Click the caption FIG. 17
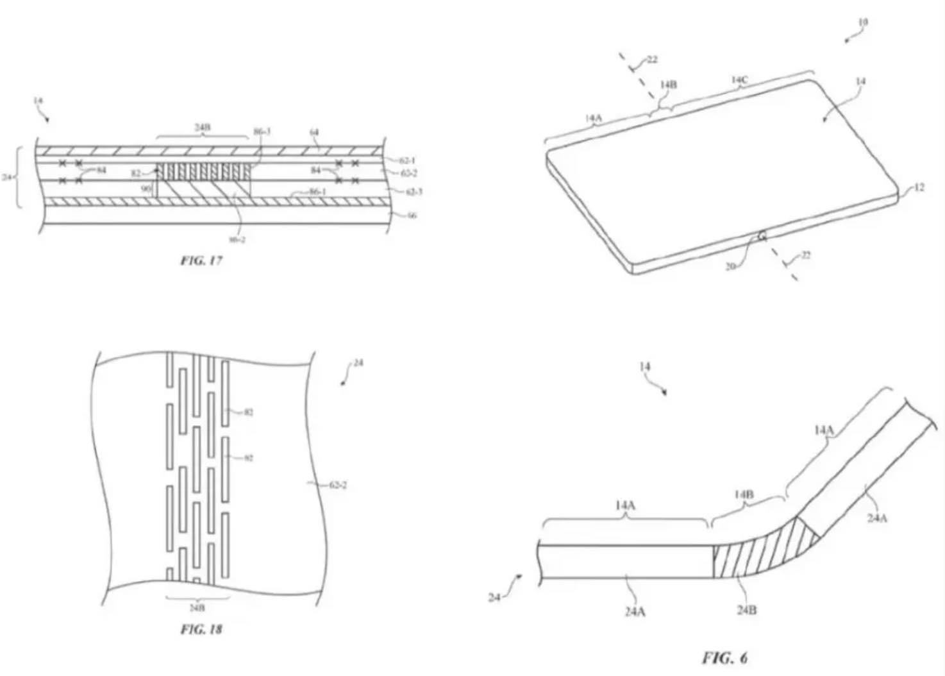[x=201, y=261]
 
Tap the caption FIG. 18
[x=201, y=629]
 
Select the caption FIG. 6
[x=724, y=657]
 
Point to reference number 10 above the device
[x=862, y=22]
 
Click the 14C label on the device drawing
[x=739, y=80]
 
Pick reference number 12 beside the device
[x=919, y=188]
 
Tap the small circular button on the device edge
[x=762, y=237]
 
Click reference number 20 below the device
[x=730, y=266]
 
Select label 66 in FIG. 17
[x=412, y=215]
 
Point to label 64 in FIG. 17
[x=314, y=132]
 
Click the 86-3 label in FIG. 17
[x=262, y=131]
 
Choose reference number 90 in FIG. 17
[x=146, y=189]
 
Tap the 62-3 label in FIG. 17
[x=414, y=192]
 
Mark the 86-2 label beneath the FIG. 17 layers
[x=237, y=240]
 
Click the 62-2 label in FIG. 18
[x=338, y=486]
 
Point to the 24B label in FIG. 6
[x=746, y=610]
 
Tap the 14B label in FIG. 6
[x=744, y=494]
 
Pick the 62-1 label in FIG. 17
[x=408, y=161]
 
